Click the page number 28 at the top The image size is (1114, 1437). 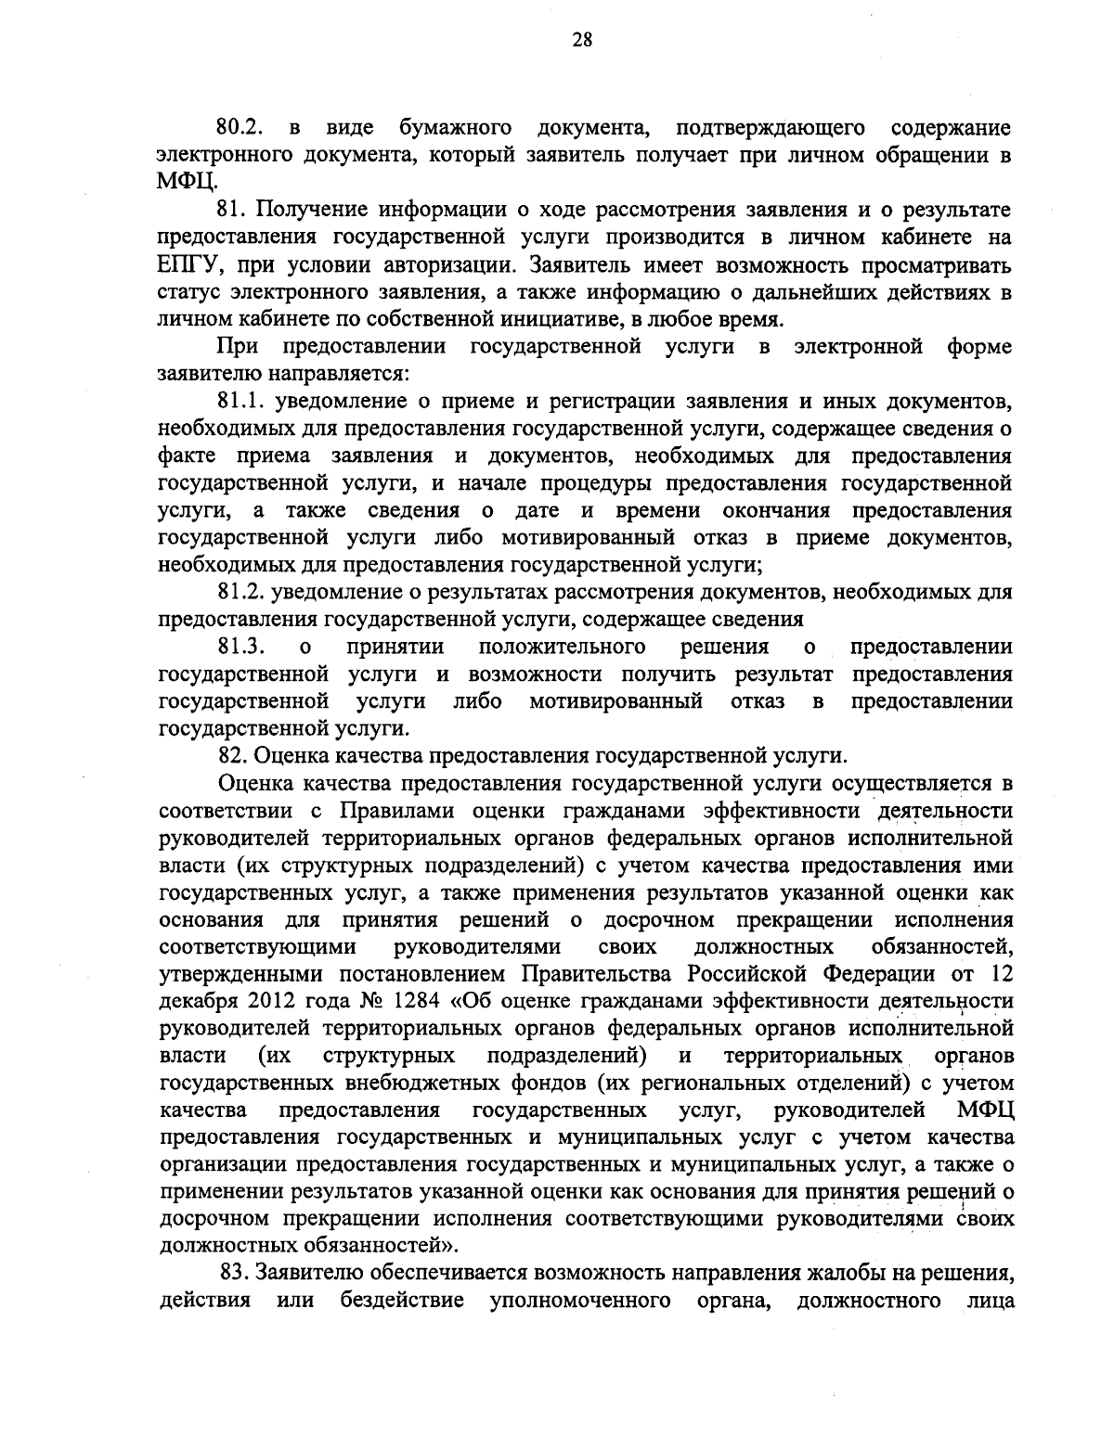pyautogui.click(x=557, y=40)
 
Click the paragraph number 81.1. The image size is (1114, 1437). pyautogui.click(x=237, y=402)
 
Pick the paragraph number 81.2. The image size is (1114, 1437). pyautogui.click(x=237, y=592)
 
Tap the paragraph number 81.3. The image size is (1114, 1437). pyautogui.click(x=237, y=646)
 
